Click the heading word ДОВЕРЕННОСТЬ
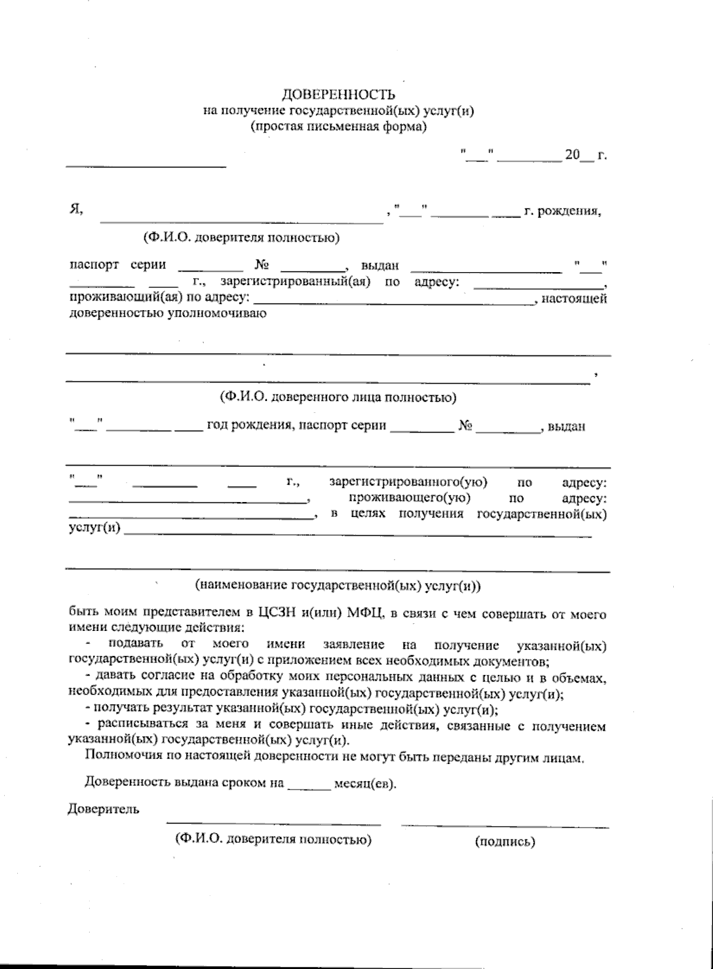(x=337, y=95)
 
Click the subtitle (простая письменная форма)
(x=338, y=127)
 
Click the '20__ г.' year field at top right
(x=585, y=156)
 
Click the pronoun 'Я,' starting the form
(x=75, y=209)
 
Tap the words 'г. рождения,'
(x=562, y=211)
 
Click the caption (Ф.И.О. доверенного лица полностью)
(x=337, y=397)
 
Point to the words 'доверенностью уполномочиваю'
(x=168, y=313)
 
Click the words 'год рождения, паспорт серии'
(x=296, y=426)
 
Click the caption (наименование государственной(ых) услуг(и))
(x=337, y=585)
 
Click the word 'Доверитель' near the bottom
(x=104, y=809)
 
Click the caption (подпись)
(x=505, y=841)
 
